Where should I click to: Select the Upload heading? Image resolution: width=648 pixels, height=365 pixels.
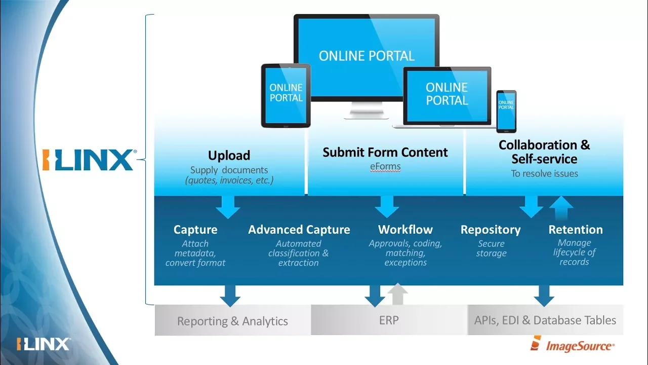(x=229, y=155)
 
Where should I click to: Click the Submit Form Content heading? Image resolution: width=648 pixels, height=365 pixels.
(x=385, y=152)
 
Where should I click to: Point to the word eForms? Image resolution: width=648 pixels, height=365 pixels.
(x=385, y=166)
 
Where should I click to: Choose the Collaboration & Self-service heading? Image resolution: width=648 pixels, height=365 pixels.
(x=544, y=152)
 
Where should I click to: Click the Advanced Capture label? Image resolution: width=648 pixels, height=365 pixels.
(x=299, y=230)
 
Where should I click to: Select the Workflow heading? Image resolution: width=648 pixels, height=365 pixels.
(x=405, y=230)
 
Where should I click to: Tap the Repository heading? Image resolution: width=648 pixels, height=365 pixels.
(x=490, y=230)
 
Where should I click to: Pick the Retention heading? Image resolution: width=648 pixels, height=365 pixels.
(x=576, y=230)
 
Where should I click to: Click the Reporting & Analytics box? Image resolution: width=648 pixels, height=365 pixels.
(x=232, y=321)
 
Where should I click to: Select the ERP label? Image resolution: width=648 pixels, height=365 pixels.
(x=388, y=320)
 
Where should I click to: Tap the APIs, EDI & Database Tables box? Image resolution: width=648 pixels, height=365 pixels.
(x=545, y=320)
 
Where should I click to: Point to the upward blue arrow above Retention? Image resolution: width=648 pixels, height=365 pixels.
(x=561, y=207)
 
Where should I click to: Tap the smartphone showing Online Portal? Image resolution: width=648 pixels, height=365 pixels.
(x=506, y=111)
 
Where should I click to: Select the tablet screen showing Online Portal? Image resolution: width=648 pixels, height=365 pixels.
(x=286, y=95)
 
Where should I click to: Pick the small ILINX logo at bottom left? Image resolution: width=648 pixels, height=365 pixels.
(x=43, y=344)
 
